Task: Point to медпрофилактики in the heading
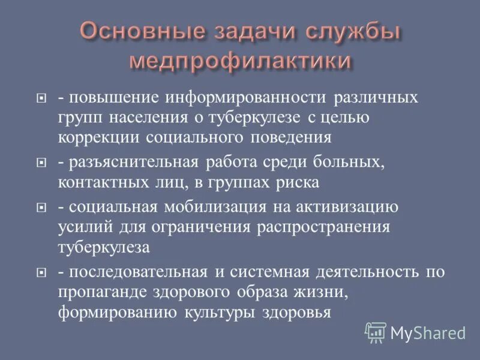[240, 61]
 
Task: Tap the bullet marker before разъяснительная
[41, 162]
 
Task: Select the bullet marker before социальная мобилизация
[41, 207]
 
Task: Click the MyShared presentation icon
[376, 332]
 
